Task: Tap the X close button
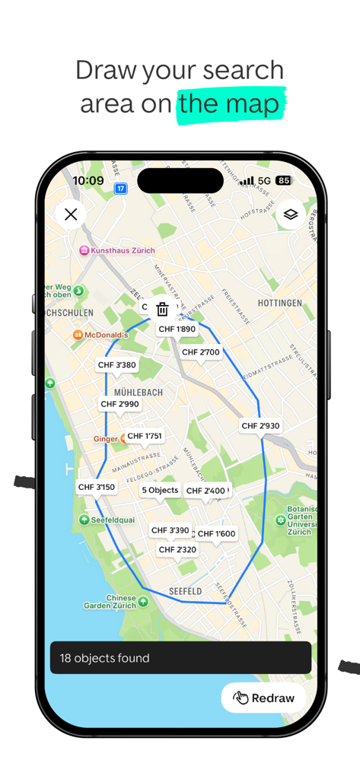pos(71,215)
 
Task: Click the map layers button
pos(290,215)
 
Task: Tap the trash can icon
pos(162,309)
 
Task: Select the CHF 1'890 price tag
pos(177,329)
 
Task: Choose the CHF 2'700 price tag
pos(201,352)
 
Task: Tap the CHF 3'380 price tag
pos(117,365)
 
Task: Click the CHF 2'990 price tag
pos(120,404)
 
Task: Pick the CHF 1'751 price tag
pos(145,436)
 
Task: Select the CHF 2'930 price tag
pos(260,426)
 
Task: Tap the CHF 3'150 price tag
pos(97,487)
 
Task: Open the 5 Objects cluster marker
pos(160,491)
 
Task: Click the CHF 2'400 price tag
pos(205,491)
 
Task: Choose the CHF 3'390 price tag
pos(170,530)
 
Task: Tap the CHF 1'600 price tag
pos(216,534)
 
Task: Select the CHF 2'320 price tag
pos(177,549)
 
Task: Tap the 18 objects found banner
pos(180,658)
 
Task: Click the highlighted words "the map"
pos(230,104)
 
